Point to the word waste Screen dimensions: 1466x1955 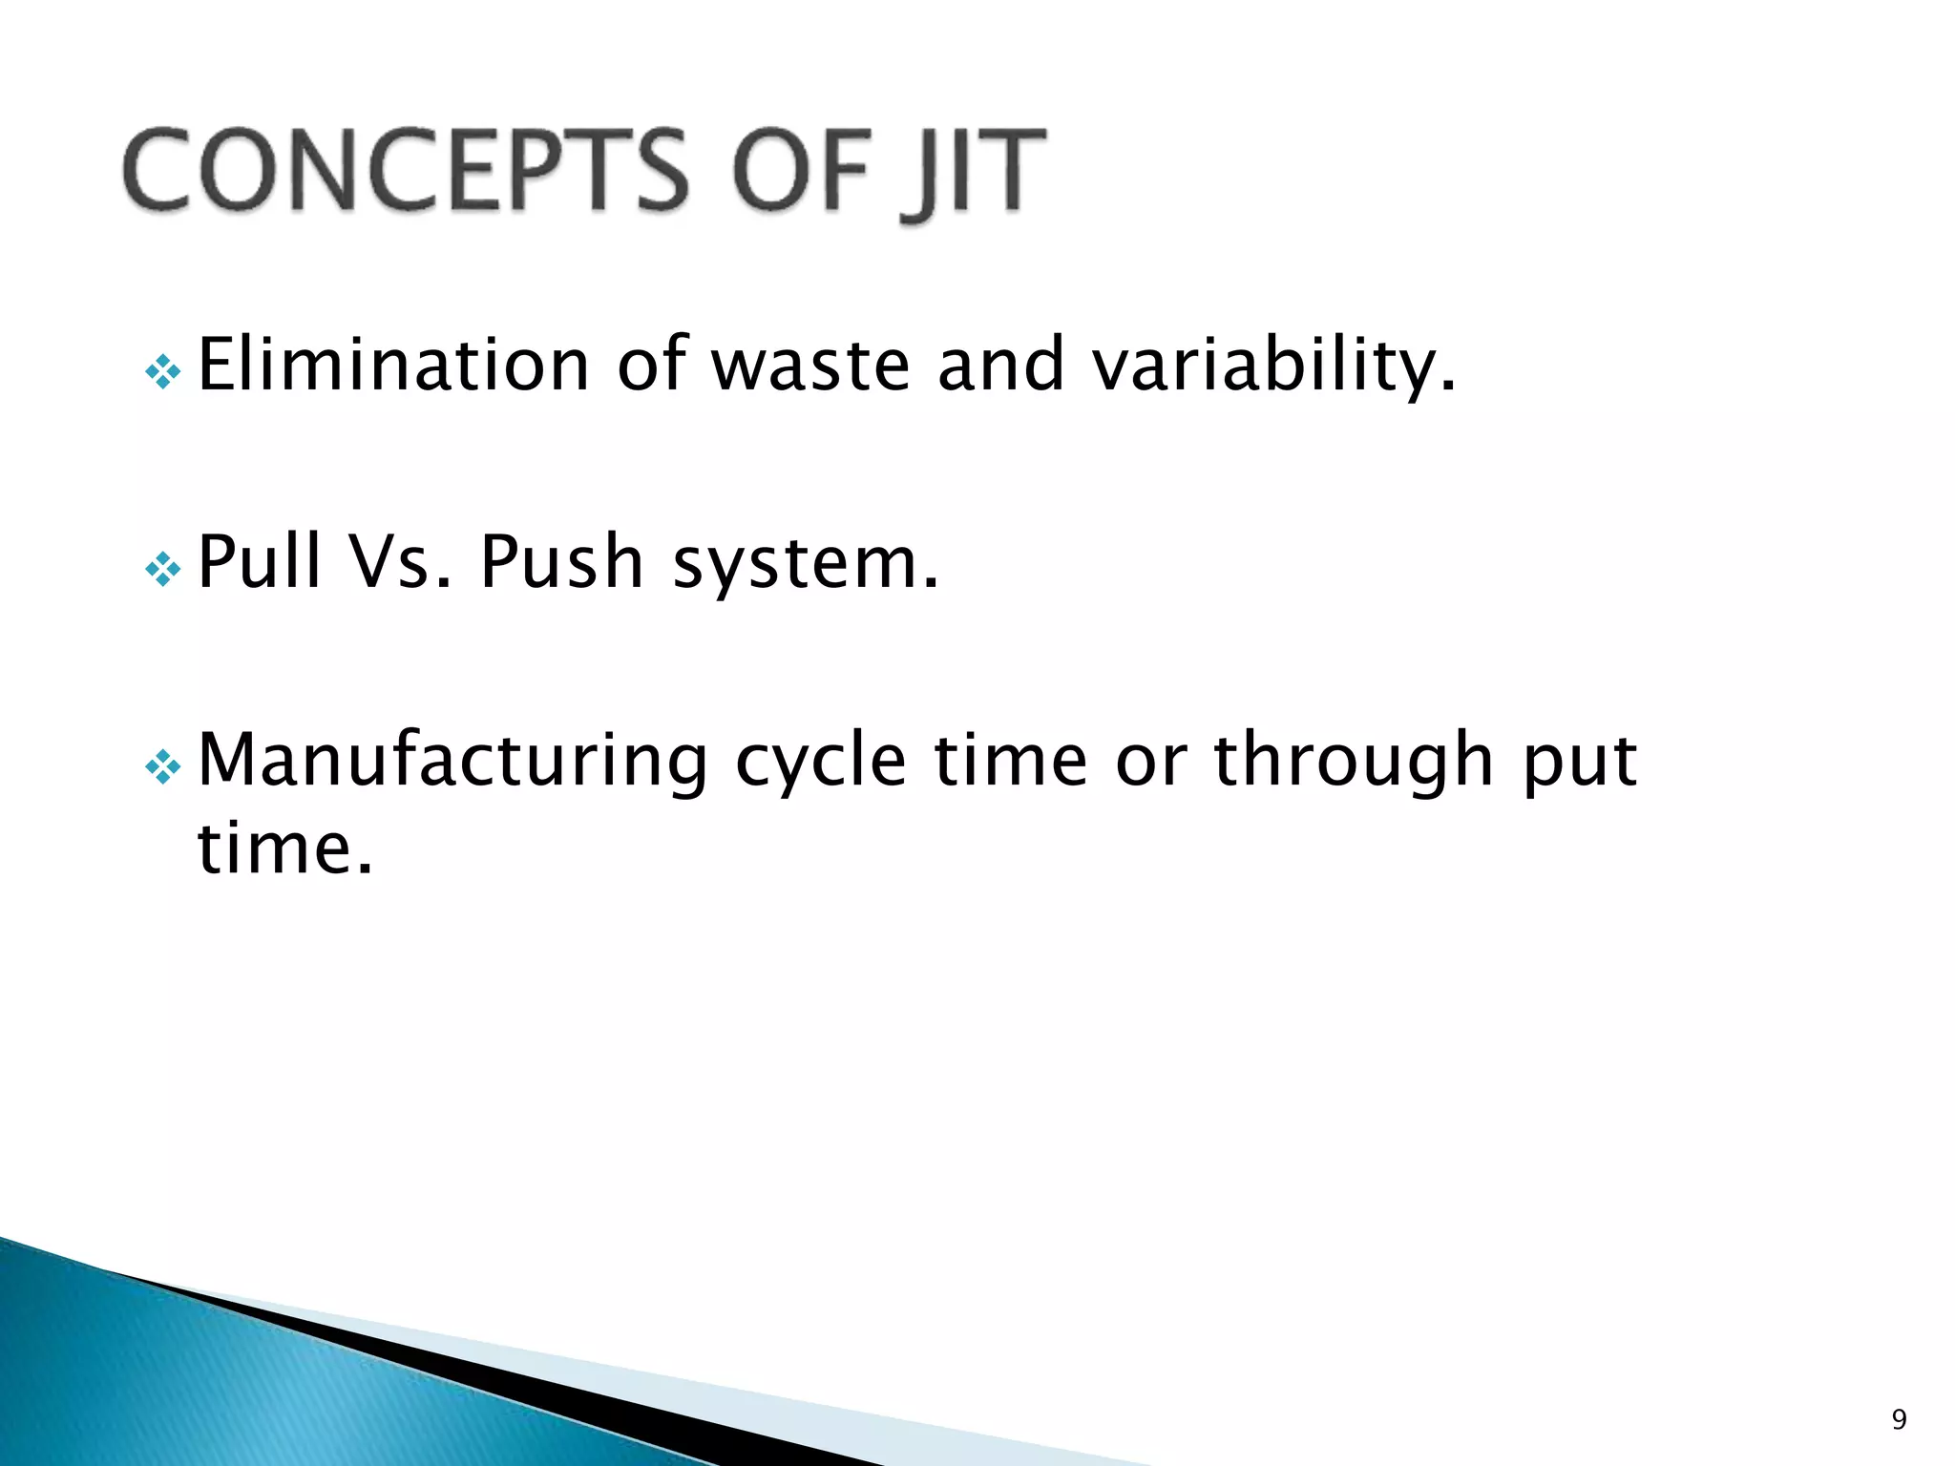(x=811, y=366)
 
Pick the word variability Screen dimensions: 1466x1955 (x=1274, y=366)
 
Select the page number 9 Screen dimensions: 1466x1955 (x=1899, y=1419)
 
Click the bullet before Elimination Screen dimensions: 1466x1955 (x=163, y=372)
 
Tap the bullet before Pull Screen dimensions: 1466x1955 (x=163, y=570)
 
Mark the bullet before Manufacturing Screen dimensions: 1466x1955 (x=163, y=767)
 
